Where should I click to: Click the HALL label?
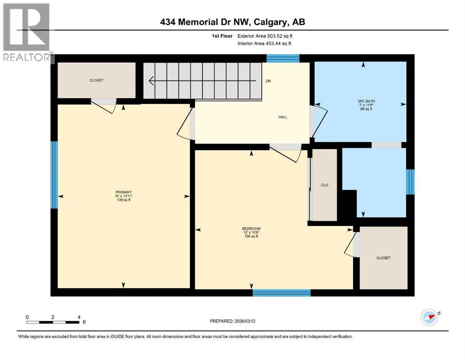282,117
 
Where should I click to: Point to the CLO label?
324,185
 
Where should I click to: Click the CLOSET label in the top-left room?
96,80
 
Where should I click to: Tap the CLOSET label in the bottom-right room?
383,258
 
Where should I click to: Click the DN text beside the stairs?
268,81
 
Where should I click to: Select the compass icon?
429,317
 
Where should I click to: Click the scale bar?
52,322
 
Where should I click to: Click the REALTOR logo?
27,33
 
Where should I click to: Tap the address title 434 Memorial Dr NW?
232,22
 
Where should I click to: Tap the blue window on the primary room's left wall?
54,174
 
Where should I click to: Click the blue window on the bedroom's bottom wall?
281,292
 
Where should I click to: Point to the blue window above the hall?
283,58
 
